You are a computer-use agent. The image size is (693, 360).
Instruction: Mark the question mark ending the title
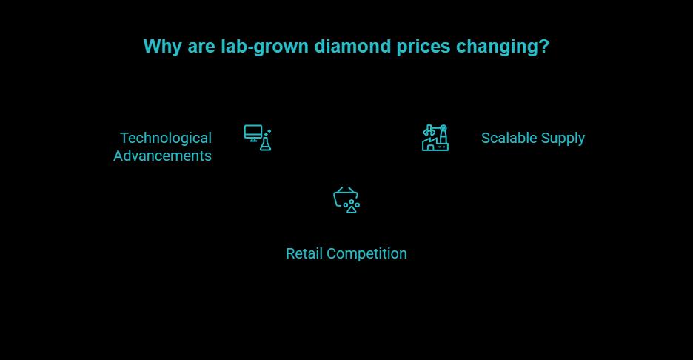[544, 47]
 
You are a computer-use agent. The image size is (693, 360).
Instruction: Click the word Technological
[166, 138]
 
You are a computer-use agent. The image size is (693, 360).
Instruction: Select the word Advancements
[162, 156]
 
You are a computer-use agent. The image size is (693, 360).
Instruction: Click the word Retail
[304, 253]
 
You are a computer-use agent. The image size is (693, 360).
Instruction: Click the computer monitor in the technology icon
[253, 133]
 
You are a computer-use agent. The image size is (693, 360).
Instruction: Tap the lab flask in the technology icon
[265, 143]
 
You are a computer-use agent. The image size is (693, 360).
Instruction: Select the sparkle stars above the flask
[268, 131]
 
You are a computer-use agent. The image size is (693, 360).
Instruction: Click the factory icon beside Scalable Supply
[435, 139]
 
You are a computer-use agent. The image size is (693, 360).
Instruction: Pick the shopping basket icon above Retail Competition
[345, 196]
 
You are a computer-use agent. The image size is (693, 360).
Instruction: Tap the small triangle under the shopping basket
[352, 209]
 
